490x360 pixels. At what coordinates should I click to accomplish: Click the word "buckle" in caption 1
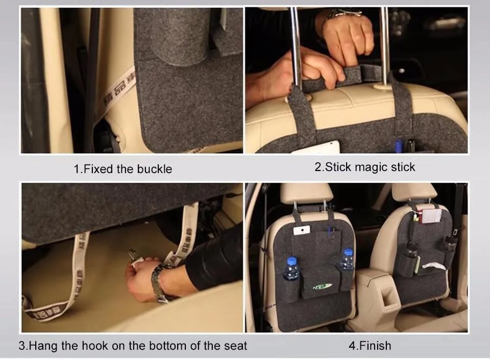point(155,169)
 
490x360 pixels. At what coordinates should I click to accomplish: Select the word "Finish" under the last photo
point(375,346)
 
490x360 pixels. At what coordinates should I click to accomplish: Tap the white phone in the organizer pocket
point(302,230)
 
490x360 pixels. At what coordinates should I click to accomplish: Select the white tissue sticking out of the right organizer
point(433,266)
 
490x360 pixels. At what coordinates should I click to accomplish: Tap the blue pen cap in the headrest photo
point(398,146)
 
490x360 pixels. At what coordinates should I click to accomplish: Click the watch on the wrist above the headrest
point(342,13)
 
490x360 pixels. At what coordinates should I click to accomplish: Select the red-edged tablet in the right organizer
point(432,216)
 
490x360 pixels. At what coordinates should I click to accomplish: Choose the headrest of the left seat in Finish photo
point(306,193)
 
